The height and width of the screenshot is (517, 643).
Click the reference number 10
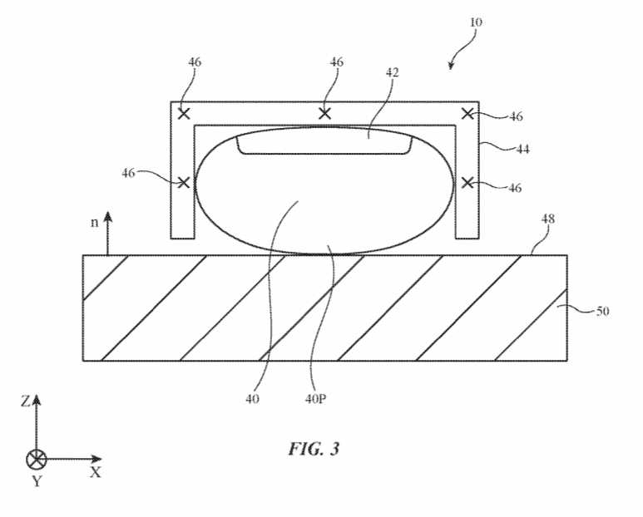pyautogui.click(x=476, y=22)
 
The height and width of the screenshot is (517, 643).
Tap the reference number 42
pyautogui.click(x=393, y=72)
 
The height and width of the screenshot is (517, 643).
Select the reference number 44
pyautogui.click(x=522, y=149)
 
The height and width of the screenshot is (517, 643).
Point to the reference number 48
pyautogui.click(x=548, y=219)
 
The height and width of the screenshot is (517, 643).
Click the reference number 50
pyautogui.click(x=602, y=312)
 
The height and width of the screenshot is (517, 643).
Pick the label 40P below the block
pyautogui.click(x=315, y=399)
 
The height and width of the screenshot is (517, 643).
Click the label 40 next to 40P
pyautogui.click(x=252, y=399)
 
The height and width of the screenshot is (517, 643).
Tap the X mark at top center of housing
pyautogui.click(x=324, y=114)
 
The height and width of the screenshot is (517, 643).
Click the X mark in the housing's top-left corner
pyautogui.click(x=184, y=114)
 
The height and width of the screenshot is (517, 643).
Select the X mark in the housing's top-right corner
pyautogui.click(x=467, y=114)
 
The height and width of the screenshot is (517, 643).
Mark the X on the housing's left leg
pyautogui.click(x=183, y=182)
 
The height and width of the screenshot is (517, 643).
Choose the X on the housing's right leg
pyautogui.click(x=467, y=182)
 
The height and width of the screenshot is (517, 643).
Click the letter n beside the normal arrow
pyautogui.click(x=95, y=223)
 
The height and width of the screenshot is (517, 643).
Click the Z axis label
pyautogui.click(x=25, y=401)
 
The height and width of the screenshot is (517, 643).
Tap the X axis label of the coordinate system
pyautogui.click(x=95, y=472)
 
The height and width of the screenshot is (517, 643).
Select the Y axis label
pyautogui.click(x=37, y=481)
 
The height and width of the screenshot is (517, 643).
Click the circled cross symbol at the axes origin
pyautogui.click(x=37, y=460)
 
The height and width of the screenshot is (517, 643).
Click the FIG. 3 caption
pyautogui.click(x=314, y=449)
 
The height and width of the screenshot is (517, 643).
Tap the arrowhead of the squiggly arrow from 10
pyautogui.click(x=451, y=66)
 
